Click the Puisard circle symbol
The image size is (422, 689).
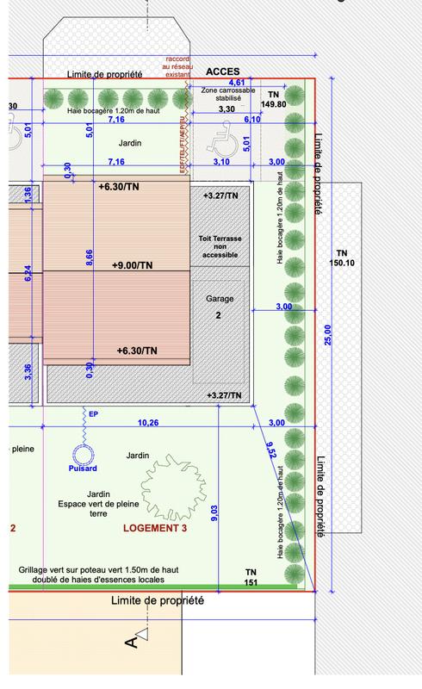(x=84, y=456)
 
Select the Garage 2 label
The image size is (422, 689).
(x=220, y=307)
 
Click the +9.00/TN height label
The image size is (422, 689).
(x=132, y=265)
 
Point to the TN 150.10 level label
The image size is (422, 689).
(x=342, y=258)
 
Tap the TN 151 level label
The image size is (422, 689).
(x=251, y=577)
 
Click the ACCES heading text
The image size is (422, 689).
(x=222, y=72)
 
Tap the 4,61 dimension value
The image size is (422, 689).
(x=234, y=81)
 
